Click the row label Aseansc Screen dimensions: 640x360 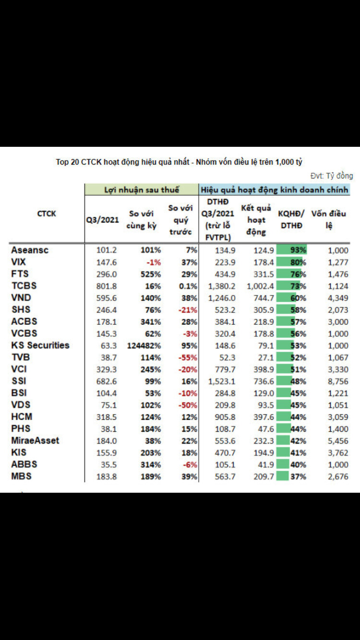30,250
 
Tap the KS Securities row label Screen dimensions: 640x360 40,345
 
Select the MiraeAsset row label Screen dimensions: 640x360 35,440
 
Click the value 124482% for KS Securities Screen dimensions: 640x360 144,345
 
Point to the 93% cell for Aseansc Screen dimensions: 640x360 298,250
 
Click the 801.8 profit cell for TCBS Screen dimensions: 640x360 107,286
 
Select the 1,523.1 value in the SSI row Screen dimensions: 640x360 218,381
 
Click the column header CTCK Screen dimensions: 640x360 46,213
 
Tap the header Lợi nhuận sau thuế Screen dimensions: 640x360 142,190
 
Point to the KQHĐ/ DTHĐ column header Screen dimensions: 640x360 291,219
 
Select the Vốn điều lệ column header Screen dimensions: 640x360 329,219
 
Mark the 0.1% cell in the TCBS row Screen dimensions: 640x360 188,286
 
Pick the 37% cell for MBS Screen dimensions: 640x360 298,476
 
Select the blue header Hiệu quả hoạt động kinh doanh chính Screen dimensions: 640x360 274,190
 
